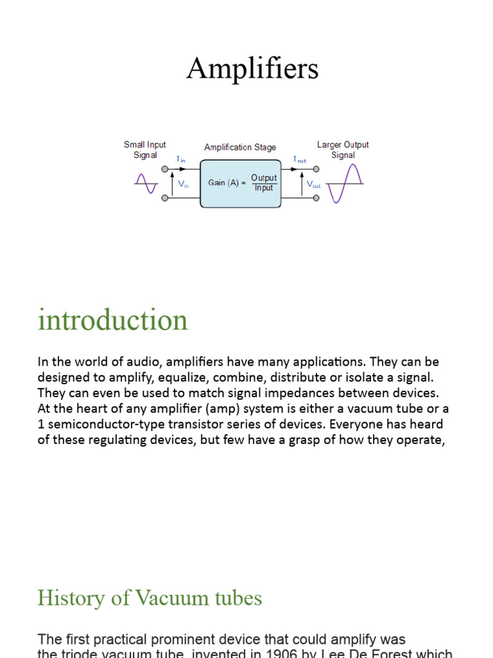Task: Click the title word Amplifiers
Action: click(x=252, y=69)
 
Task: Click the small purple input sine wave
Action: click(x=146, y=184)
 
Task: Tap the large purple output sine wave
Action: click(x=344, y=184)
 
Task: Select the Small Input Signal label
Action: click(x=144, y=150)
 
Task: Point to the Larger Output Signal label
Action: click(x=343, y=150)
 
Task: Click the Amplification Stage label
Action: click(x=240, y=147)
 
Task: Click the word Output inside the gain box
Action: click(x=264, y=177)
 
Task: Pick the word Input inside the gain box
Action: click(x=264, y=188)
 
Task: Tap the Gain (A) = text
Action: click(x=227, y=183)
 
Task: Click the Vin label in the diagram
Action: click(x=184, y=184)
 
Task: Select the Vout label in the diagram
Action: click(x=313, y=184)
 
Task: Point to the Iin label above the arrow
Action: click(x=180, y=159)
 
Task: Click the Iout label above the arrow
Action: click(x=299, y=159)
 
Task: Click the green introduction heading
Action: click(x=113, y=320)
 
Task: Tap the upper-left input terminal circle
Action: click(x=165, y=169)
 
